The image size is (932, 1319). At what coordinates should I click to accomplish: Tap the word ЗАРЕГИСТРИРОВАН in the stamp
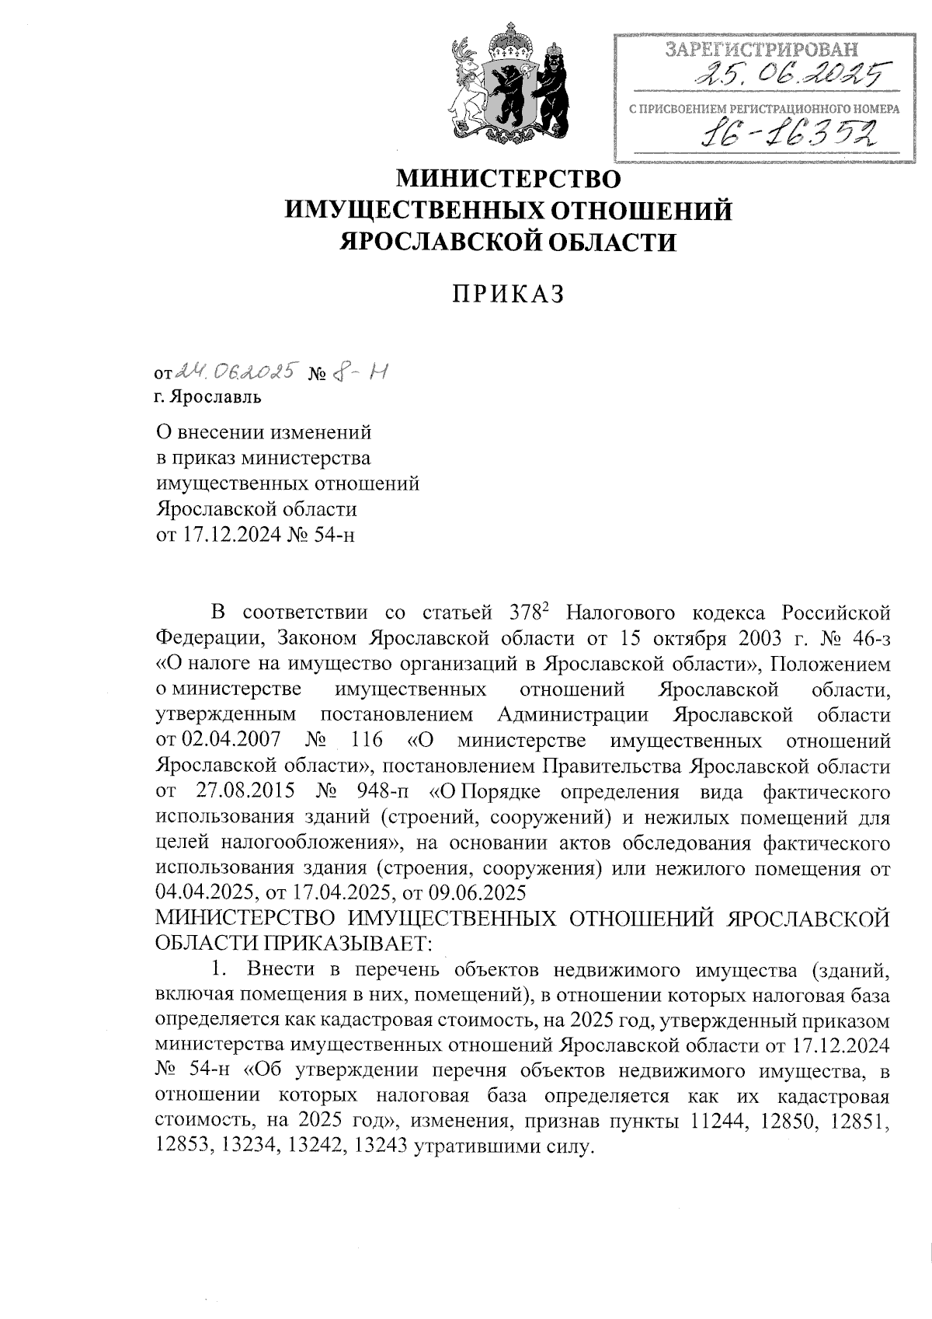(762, 51)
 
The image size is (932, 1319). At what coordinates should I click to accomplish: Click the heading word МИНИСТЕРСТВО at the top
(509, 179)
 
